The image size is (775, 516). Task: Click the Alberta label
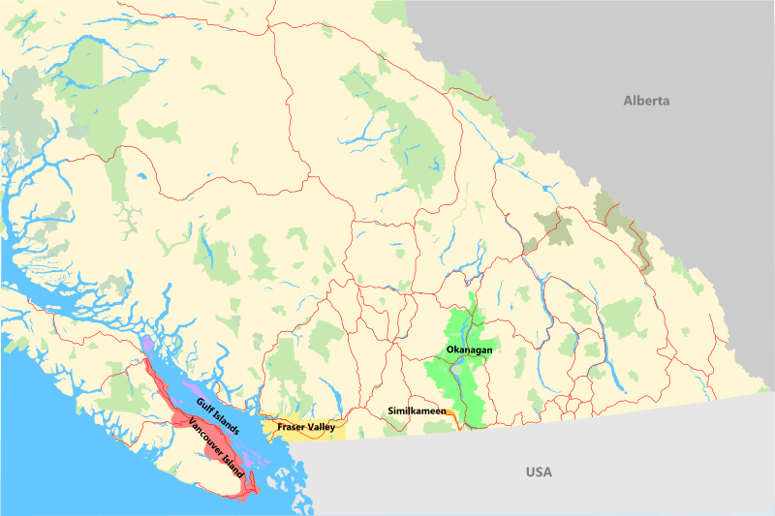[x=646, y=101]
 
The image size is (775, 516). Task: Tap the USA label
[x=539, y=472]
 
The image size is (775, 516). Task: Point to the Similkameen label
[x=417, y=411]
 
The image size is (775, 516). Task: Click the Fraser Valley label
[x=306, y=426]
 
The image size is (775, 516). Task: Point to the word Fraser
[x=292, y=426]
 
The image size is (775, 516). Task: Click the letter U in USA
[x=530, y=472]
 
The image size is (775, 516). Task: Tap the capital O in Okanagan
[x=449, y=349]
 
